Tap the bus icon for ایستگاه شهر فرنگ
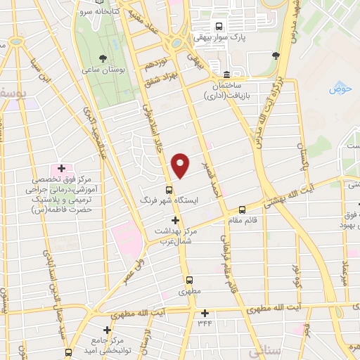(169, 189)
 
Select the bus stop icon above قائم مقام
(242, 209)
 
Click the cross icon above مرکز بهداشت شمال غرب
(175, 221)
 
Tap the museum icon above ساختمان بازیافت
(226, 75)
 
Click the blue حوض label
(340, 89)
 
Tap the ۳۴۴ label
(205, 323)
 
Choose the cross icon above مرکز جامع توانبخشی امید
(107, 329)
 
